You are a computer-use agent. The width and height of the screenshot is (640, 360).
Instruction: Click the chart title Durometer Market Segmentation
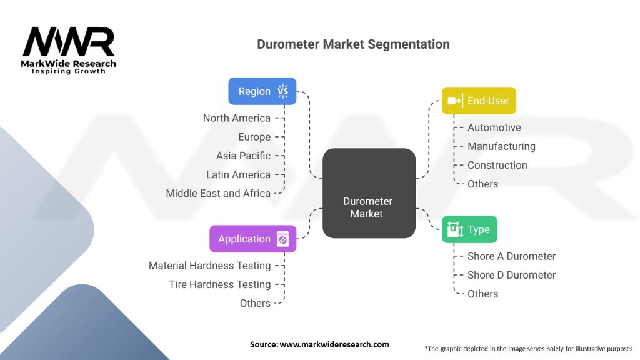pyautogui.click(x=353, y=44)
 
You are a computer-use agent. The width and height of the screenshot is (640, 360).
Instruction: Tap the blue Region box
pyautogui.click(x=262, y=91)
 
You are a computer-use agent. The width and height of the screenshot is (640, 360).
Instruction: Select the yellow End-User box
pyautogui.click(x=479, y=101)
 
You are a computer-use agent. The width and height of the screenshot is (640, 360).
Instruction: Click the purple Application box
pyautogui.click(x=252, y=239)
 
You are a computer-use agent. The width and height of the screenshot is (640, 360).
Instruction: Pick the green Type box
pyautogui.click(x=469, y=229)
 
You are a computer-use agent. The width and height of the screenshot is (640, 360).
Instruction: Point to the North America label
pyautogui.click(x=236, y=118)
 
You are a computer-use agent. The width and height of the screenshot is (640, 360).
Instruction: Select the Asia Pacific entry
pyautogui.click(x=243, y=156)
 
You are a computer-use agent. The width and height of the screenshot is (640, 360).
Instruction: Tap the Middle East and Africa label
pyautogui.click(x=218, y=193)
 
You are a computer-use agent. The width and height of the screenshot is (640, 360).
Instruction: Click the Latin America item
pyautogui.click(x=238, y=174)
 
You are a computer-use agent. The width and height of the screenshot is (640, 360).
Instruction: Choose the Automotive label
pyautogui.click(x=494, y=127)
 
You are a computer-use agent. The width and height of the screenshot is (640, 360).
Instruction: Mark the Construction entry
pyautogui.click(x=497, y=165)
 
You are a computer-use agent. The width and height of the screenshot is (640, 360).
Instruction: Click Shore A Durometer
pyautogui.click(x=511, y=256)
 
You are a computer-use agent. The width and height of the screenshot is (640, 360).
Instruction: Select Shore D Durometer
pyautogui.click(x=511, y=275)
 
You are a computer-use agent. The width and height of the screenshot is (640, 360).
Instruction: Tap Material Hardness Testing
pyautogui.click(x=209, y=266)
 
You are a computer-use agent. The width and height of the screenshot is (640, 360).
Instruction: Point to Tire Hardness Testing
pyautogui.click(x=220, y=284)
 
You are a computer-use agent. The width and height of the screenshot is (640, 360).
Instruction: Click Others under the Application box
pyautogui.click(x=255, y=303)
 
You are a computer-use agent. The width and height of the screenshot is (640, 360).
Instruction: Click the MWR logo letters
pyautogui.click(x=69, y=42)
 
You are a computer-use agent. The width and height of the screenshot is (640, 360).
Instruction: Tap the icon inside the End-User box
pyautogui.click(x=454, y=101)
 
